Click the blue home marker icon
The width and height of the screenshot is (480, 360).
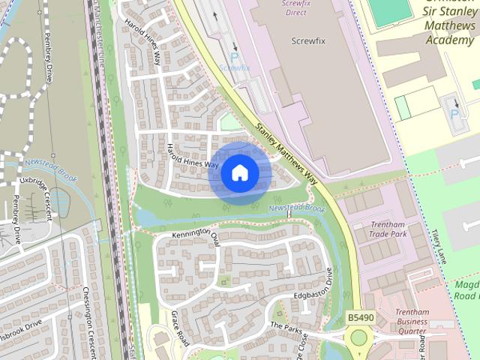pyautogui.click(x=239, y=172)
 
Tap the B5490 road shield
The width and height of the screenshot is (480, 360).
pyautogui.click(x=361, y=318)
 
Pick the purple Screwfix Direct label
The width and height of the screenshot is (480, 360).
pyautogui.click(x=296, y=7)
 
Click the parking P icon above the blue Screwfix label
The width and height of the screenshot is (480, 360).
pyautogui.click(x=235, y=56)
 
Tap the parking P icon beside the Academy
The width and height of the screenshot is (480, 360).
pyautogui.click(x=454, y=112)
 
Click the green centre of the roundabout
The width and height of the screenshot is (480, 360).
pyautogui.click(x=359, y=337)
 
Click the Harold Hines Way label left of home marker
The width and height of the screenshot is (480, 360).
pyautogui.click(x=192, y=154)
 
